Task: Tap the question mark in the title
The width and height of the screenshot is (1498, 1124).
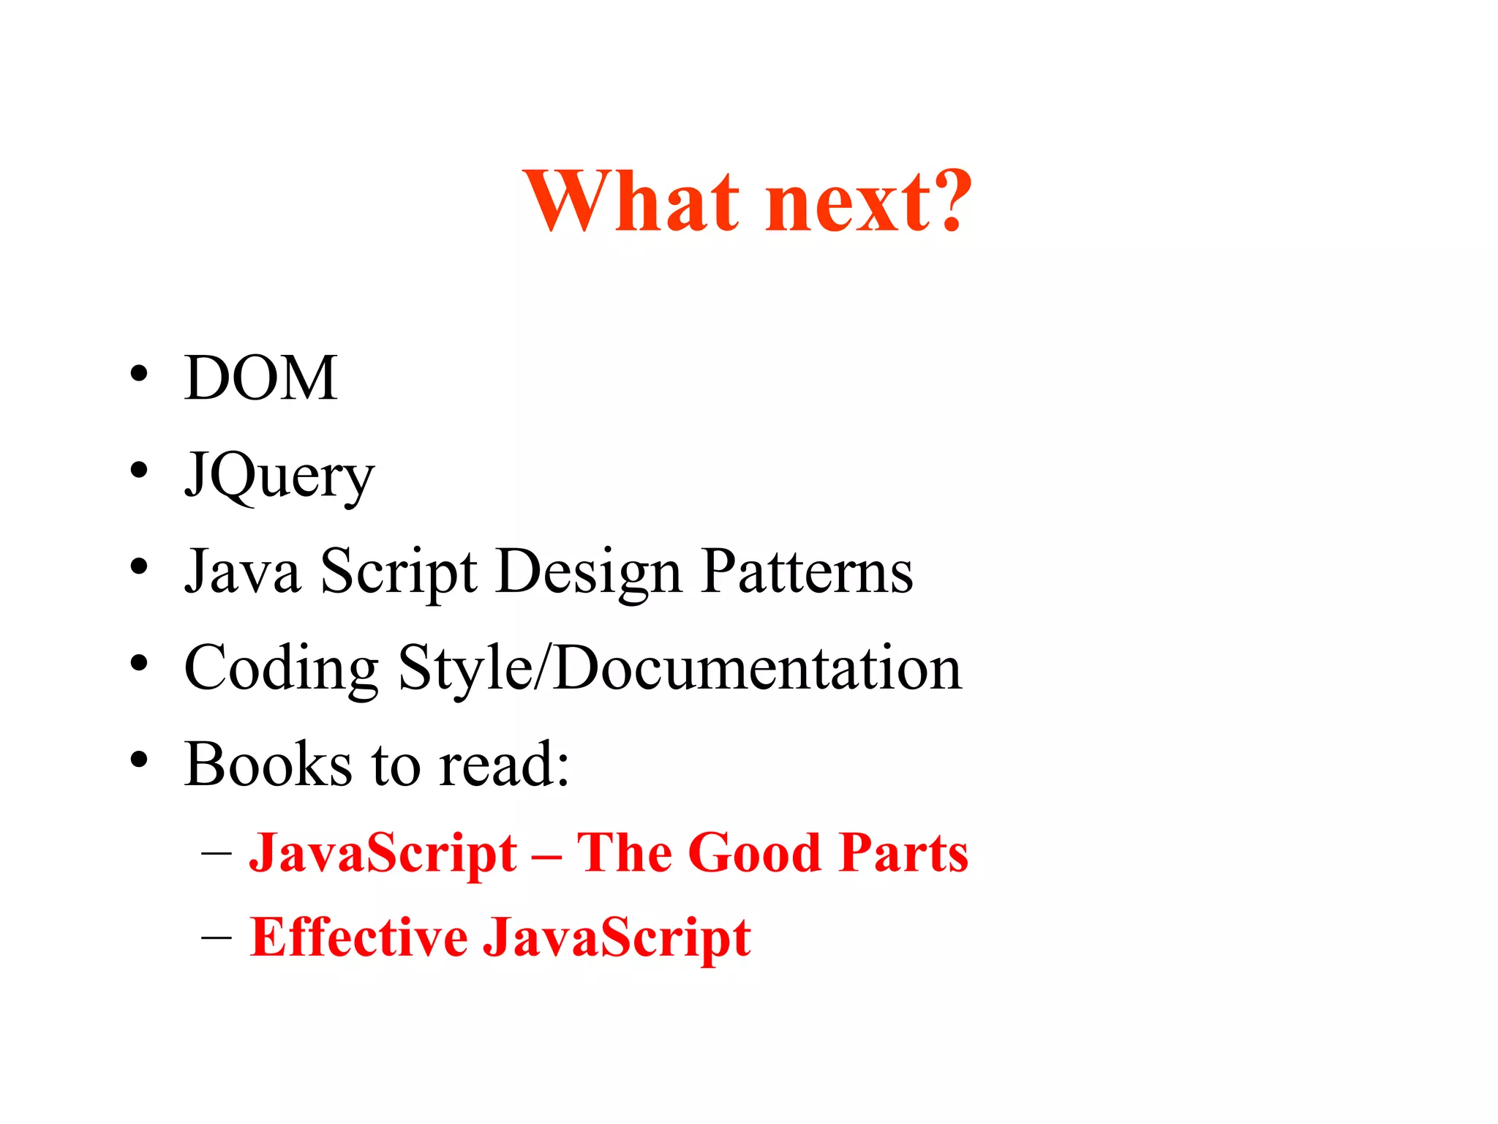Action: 948,199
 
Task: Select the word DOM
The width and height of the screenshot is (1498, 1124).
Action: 260,378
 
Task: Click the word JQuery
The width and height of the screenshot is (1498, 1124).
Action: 279,476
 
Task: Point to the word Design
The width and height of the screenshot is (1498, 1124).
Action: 589,573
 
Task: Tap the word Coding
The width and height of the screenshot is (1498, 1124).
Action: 282,669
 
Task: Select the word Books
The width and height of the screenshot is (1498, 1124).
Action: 268,765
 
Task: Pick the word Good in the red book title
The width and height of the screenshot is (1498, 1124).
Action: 755,853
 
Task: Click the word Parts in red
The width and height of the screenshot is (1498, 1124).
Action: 904,853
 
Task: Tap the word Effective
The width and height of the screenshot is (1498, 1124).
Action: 358,937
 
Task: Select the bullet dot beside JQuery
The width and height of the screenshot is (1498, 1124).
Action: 139,470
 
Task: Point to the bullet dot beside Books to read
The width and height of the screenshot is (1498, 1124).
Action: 139,760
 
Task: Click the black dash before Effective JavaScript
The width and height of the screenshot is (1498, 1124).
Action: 217,937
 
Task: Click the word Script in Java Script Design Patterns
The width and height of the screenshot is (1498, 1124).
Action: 399,573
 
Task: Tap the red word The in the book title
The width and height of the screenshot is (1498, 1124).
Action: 627,853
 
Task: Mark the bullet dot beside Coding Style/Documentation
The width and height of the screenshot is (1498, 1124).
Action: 139,663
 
